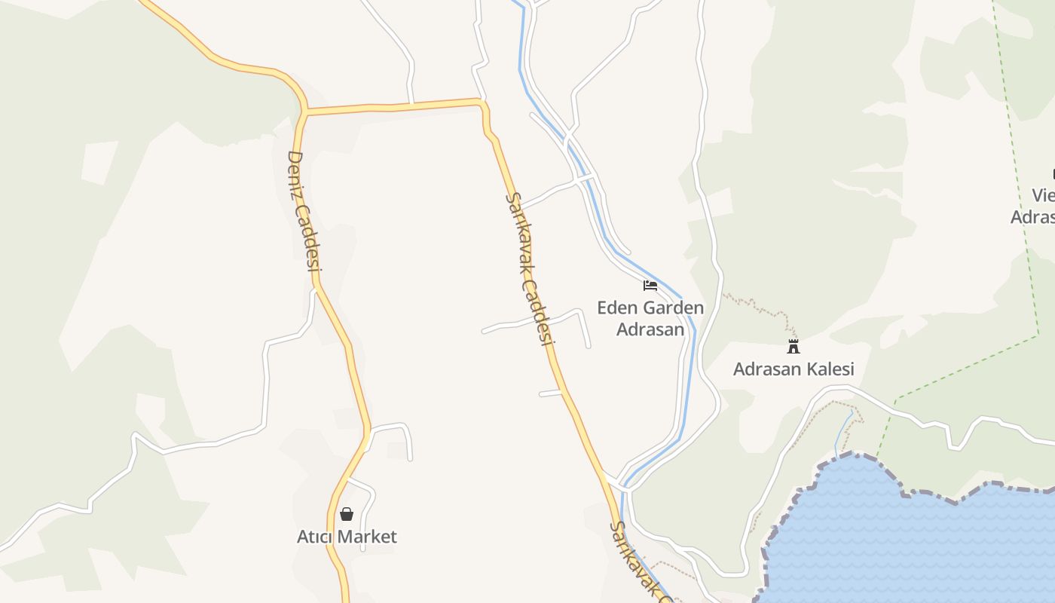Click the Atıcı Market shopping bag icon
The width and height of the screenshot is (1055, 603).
click(x=347, y=515)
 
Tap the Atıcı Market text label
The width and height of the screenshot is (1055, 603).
click(x=347, y=537)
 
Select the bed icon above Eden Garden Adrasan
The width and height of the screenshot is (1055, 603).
click(x=650, y=286)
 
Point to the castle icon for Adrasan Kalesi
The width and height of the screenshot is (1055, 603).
click(x=793, y=347)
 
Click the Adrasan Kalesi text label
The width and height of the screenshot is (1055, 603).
click(x=794, y=369)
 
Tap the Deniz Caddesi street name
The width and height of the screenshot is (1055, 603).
click(x=304, y=210)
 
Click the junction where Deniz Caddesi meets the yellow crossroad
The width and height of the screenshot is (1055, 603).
click(x=306, y=114)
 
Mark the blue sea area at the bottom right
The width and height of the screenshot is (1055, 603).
click(x=919, y=543)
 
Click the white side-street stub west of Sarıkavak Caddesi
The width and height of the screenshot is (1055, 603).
click(x=551, y=393)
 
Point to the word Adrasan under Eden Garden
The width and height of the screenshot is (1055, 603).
click(x=650, y=329)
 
